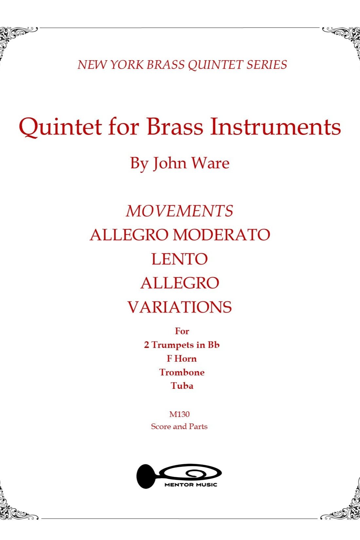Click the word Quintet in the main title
[60, 127]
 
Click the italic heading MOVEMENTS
[180, 211]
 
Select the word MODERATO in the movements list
[222, 235]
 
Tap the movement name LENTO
[180, 259]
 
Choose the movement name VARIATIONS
[180, 307]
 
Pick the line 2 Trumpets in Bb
[182, 345]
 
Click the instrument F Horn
[182, 358]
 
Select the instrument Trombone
[182, 372]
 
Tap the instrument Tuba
[182, 386]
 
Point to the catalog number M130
[179, 414]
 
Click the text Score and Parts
[179, 426]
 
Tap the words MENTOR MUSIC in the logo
[191, 485]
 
